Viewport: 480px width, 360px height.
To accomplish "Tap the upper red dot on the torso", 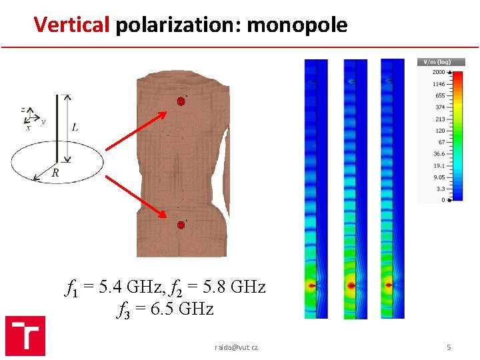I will (x=180, y=101).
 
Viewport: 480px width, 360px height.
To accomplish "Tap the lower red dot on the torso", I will (x=180, y=225).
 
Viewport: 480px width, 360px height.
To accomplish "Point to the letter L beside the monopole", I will (x=75, y=127).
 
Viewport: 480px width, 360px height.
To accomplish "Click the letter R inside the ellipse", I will (x=55, y=173).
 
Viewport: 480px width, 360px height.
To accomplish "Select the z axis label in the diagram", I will (x=23, y=109).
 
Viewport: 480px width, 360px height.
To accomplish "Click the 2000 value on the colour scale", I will (x=439, y=72).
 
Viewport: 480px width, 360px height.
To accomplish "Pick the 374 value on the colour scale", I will (x=440, y=107).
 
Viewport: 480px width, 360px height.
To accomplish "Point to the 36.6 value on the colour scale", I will (x=438, y=153).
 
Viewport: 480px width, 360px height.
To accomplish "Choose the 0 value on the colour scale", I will (x=443, y=200).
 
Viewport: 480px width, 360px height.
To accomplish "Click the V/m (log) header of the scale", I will (x=435, y=62).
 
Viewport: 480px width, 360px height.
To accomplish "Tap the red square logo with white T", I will (x=25, y=335).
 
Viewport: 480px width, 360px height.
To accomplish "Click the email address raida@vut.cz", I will (x=236, y=347).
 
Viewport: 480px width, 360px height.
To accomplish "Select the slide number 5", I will (x=449, y=347).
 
